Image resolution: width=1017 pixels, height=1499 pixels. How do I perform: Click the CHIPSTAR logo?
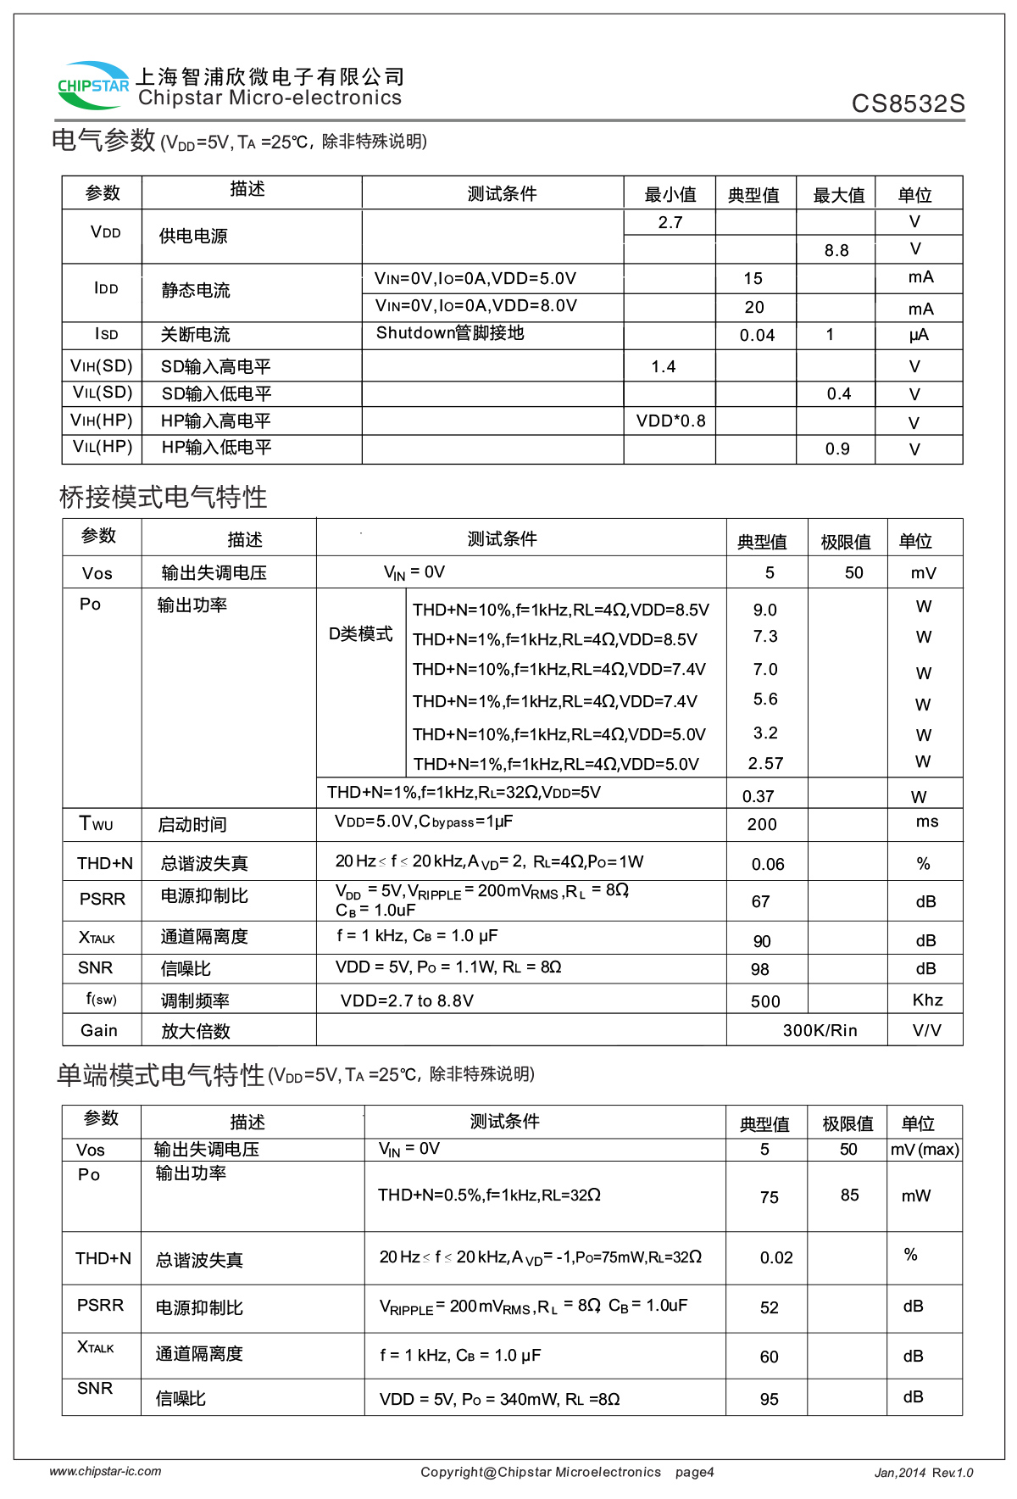pyautogui.click(x=92, y=85)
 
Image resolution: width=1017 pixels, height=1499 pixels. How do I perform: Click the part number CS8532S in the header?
pyautogui.click(x=908, y=103)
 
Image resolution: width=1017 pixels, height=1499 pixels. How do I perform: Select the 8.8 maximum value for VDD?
pyautogui.click(x=836, y=250)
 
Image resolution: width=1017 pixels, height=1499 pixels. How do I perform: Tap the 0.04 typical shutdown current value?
pyautogui.click(x=757, y=335)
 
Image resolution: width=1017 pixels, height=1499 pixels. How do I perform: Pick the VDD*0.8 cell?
pyautogui.click(x=670, y=421)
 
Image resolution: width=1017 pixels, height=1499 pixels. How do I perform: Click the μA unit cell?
pyautogui.click(x=919, y=335)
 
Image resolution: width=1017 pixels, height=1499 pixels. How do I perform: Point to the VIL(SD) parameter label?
pyautogui.click(x=103, y=393)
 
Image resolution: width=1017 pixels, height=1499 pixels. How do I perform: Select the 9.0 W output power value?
pyautogui.click(x=764, y=610)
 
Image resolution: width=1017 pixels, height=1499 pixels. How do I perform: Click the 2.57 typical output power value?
pyautogui.click(x=765, y=763)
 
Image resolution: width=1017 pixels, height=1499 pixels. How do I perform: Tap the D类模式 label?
pyautogui.click(x=360, y=633)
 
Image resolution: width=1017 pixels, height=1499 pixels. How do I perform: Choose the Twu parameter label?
pyautogui.click(x=96, y=823)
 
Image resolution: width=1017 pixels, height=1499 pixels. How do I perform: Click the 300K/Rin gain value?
pyautogui.click(x=820, y=1030)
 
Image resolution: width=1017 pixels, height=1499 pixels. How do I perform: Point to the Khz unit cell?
pyautogui.click(x=927, y=1000)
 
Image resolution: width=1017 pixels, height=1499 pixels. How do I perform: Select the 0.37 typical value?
pyautogui.click(x=758, y=796)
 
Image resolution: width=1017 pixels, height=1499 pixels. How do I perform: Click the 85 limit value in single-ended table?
pyautogui.click(x=849, y=1195)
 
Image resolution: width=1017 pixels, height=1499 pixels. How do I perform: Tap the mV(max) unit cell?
pyautogui.click(x=925, y=1149)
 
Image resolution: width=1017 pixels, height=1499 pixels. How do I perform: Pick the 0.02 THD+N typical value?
pyautogui.click(x=776, y=1257)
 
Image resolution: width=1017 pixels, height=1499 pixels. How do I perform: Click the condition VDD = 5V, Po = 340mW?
pyautogui.click(x=499, y=1398)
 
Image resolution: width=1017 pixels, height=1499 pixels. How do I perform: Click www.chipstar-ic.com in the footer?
pyautogui.click(x=105, y=1471)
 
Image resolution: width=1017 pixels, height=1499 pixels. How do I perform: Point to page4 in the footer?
pyautogui.click(x=694, y=1472)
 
